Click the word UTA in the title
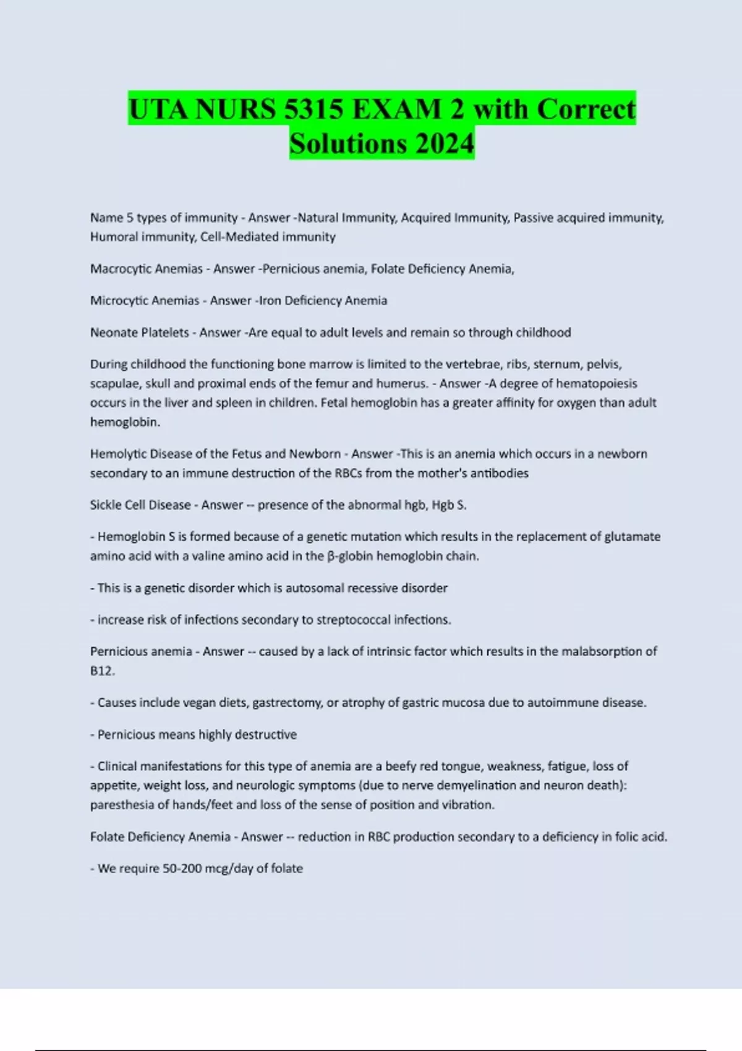[x=158, y=109]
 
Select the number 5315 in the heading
[x=315, y=109]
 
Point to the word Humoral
[x=113, y=237]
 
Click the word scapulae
[x=114, y=383]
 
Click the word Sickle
[x=106, y=505]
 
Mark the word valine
[x=210, y=556]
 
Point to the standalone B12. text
[x=103, y=671]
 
